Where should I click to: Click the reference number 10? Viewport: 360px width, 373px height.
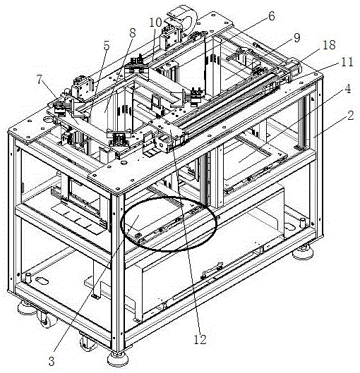(x=155, y=23)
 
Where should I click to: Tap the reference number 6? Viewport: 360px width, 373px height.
(x=271, y=16)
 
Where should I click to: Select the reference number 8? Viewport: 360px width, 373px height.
(x=133, y=33)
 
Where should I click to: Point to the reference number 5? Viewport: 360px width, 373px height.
(x=106, y=46)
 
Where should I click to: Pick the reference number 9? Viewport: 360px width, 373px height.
(x=296, y=38)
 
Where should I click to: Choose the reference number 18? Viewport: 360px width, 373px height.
(x=329, y=44)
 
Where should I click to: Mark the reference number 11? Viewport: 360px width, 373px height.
(x=347, y=62)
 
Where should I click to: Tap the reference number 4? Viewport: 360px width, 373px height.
(x=348, y=89)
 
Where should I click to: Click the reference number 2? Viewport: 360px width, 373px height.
(x=351, y=116)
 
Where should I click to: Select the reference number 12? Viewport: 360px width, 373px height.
(x=200, y=339)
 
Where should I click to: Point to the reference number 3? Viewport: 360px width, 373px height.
(x=52, y=361)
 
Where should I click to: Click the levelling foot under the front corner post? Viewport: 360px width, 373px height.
(x=118, y=359)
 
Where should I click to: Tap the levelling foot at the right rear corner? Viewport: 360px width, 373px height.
(x=302, y=252)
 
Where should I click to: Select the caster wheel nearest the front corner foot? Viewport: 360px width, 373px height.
(x=88, y=342)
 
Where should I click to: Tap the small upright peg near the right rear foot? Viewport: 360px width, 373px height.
(x=302, y=222)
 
